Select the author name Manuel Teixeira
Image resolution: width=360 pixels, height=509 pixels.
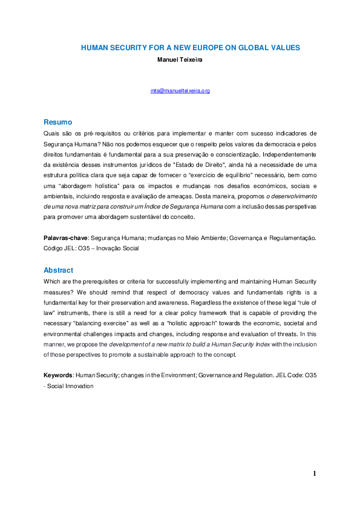180,59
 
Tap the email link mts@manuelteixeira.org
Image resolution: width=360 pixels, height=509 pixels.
180,91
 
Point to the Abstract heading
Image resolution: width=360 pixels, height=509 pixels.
59,270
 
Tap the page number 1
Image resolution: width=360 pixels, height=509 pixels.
315,473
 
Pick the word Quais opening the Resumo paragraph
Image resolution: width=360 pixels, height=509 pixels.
51,132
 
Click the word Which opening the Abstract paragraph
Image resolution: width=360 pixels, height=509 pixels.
53,281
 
